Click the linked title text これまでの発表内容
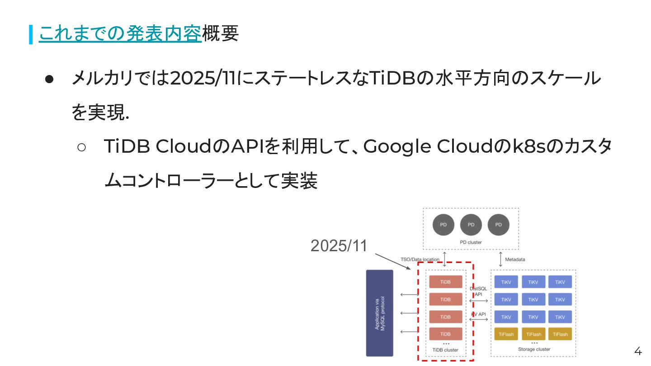(120, 33)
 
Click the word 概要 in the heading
(220, 33)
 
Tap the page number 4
(638, 351)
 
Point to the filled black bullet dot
(49, 79)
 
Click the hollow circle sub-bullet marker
(82, 147)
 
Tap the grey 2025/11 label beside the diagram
(339, 246)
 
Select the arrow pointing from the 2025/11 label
(393, 262)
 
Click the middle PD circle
(471, 225)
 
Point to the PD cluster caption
(471, 242)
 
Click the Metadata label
(515, 259)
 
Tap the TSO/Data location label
(420, 259)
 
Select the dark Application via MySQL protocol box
(380, 313)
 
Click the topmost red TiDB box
(446, 282)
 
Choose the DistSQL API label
(478, 291)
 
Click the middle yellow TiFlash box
(533, 334)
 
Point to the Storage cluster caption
(534, 349)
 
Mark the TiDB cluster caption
(445, 350)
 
